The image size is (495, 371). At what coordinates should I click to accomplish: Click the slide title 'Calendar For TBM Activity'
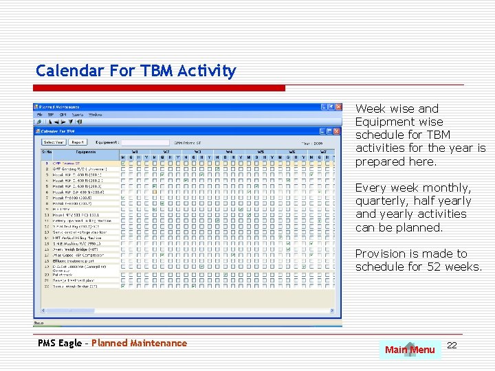pyautogui.click(x=135, y=71)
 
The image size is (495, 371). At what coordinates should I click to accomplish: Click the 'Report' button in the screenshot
pyautogui.click(x=78, y=142)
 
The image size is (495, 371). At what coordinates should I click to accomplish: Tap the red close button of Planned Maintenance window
pyautogui.click(x=337, y=107)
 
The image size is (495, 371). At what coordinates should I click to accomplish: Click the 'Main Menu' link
pyautogui.click(x=410, y=350)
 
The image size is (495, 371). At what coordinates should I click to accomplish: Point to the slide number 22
pyautogui.click(x=452, y=344)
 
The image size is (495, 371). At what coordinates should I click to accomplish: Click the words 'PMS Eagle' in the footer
pyautogui.click(x=60, y=343)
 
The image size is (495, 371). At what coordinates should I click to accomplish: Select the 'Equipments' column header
pyautogui.click(x=86, y=152)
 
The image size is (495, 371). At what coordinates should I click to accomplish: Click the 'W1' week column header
pyautogui.click(x=135, y=151)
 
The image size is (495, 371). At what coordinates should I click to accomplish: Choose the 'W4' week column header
pyautogui.click(x=229, y=151)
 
